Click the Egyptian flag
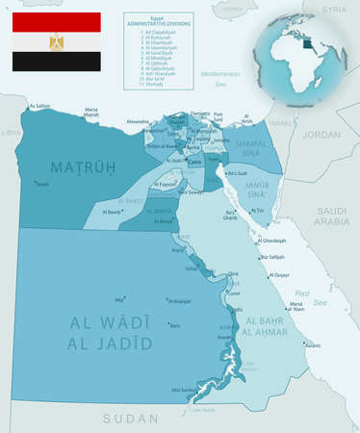click(x=56, y=42)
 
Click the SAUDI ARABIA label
click(x=331, y=216)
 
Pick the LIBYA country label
click(x=11, y=134)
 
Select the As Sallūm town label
click(x=39, y=106)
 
